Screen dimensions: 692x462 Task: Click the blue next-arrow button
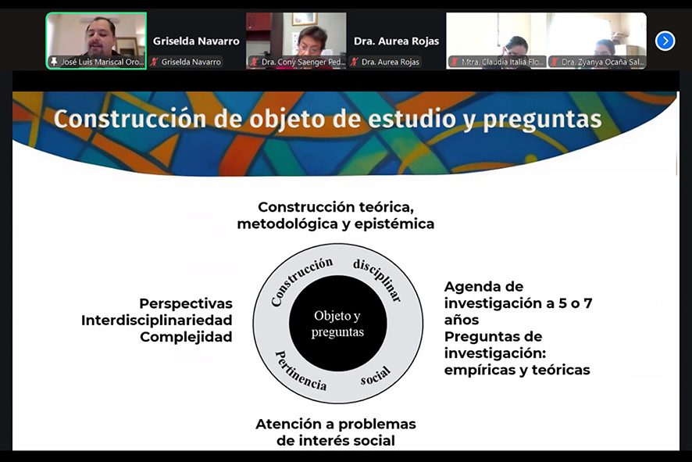[665, 41]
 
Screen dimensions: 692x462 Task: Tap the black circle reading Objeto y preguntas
[338, 324]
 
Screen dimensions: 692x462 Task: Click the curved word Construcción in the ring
[301, 281]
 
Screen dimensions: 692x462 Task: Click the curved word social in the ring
[375, 375]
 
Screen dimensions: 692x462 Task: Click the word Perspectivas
[186, 303]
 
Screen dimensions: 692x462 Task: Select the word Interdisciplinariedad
[157, 321]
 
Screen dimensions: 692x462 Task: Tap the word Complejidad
[186, 337]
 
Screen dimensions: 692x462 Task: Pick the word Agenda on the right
[469, 287]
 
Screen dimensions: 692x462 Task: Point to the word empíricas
[480, 370]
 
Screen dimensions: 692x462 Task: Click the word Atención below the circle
[289, 424]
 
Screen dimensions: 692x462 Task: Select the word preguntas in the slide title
[542, 120]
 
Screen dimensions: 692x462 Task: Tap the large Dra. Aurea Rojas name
[396, 41]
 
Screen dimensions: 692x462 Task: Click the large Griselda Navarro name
[196, 41]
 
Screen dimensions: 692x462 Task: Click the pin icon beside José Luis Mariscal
[55, 62]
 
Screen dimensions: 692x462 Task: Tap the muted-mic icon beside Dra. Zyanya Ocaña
[555, 62]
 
